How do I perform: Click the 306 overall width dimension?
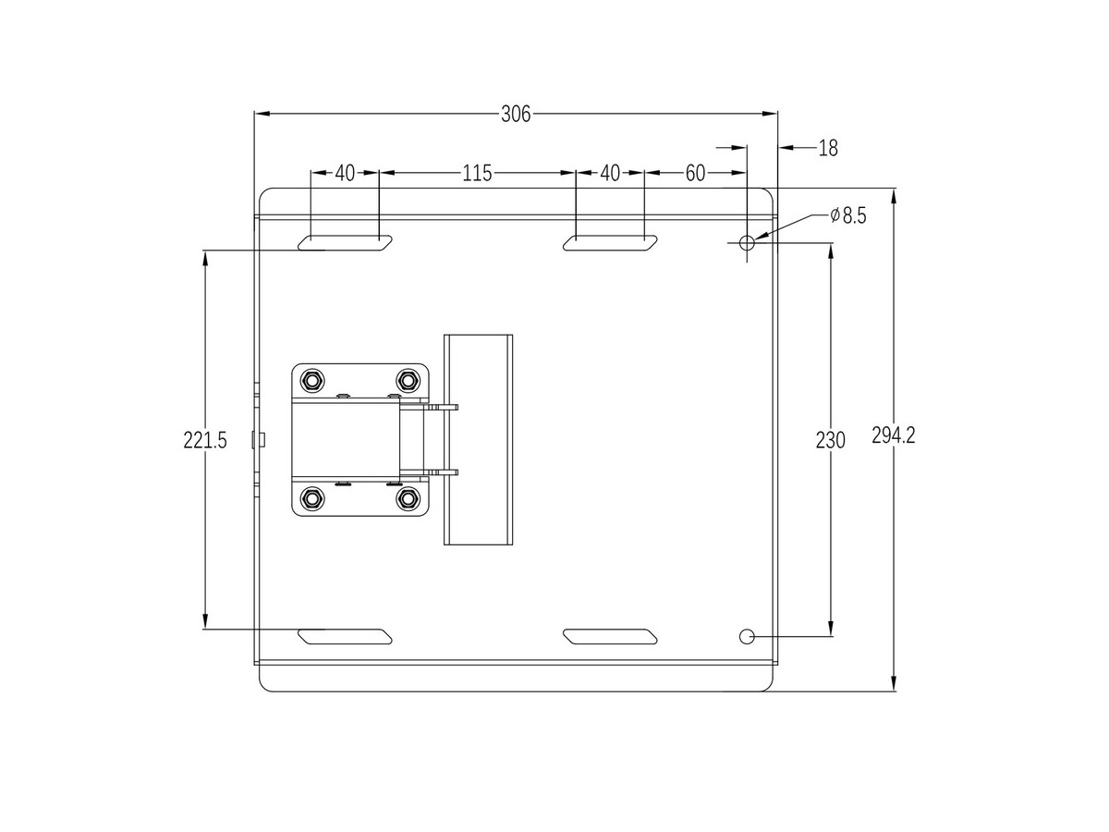[516, 114]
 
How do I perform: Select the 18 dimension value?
[827, 148]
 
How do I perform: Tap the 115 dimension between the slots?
[477, 173]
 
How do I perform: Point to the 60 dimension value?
[695, 173]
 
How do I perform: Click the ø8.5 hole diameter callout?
[848, 215]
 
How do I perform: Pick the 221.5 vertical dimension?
[204, 440]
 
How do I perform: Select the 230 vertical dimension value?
[830, 441]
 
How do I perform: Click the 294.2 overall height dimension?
[894, 435]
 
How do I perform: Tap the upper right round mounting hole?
[747, 243]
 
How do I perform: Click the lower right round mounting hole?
[747, 637]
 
